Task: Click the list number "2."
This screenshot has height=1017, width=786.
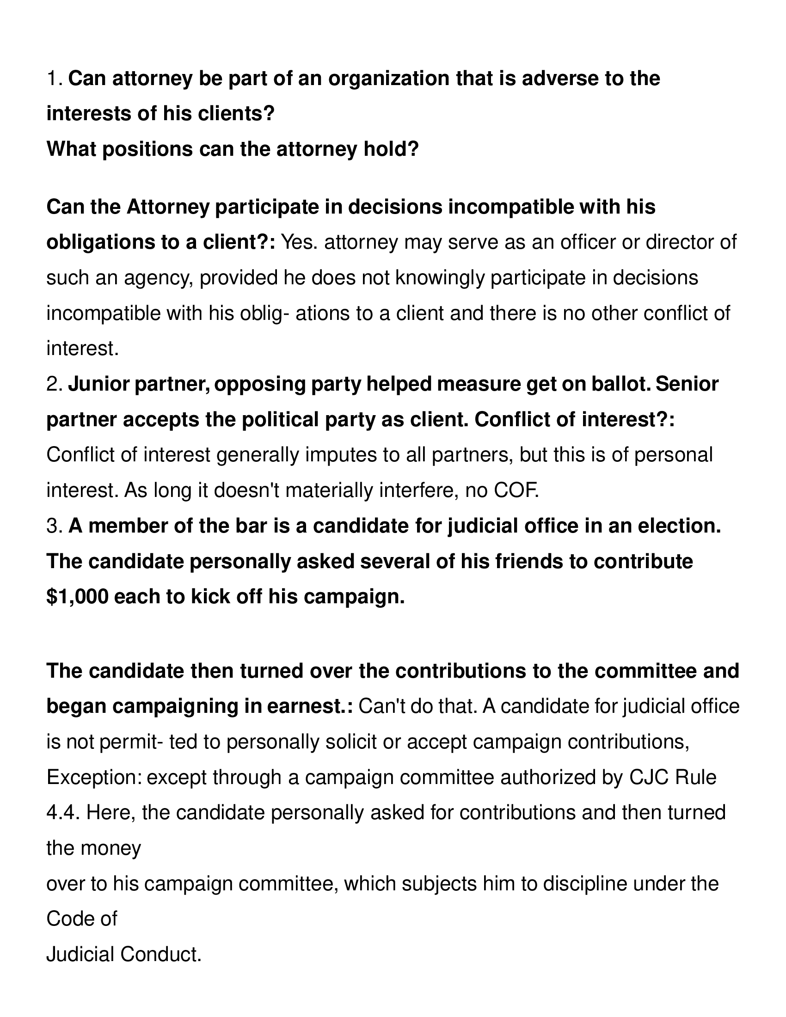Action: (55, 384)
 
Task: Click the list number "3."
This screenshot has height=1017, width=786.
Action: (55, 526)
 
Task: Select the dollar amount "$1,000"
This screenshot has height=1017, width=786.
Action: (77, 596)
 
